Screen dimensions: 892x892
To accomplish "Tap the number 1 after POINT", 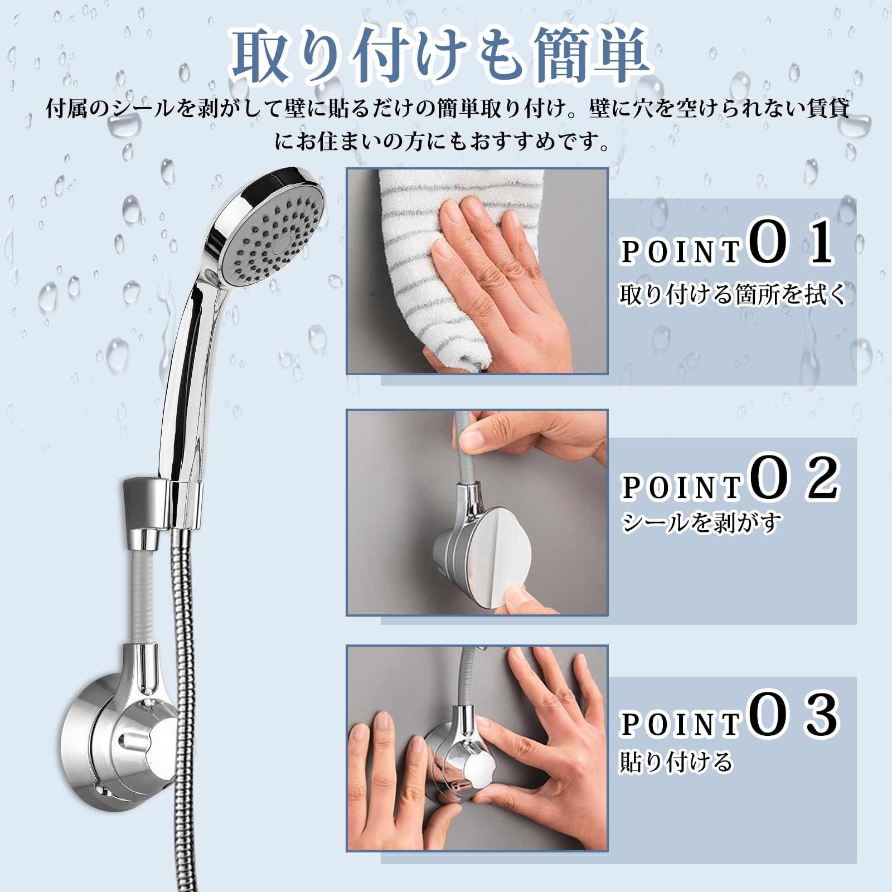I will [821, 244].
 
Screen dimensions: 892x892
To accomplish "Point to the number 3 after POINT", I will [822, 715].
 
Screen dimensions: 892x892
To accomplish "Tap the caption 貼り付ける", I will [676, 762].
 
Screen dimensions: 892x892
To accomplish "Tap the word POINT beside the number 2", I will [681, 488].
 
